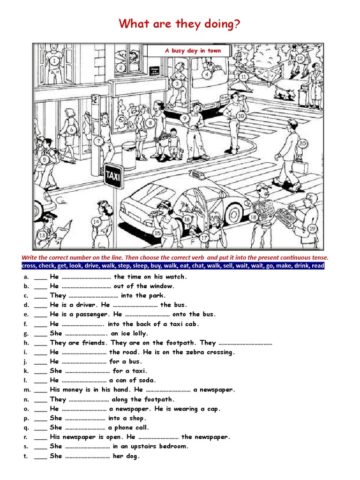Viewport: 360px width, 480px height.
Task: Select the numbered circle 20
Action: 302,143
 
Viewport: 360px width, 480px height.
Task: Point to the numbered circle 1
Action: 55,60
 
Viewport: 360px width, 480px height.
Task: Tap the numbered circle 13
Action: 42,235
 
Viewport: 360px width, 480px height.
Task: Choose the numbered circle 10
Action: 241,116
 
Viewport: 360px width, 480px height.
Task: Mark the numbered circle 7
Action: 98,141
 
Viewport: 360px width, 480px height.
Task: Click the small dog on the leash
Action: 285,93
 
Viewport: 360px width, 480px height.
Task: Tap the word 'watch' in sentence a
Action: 178,277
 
